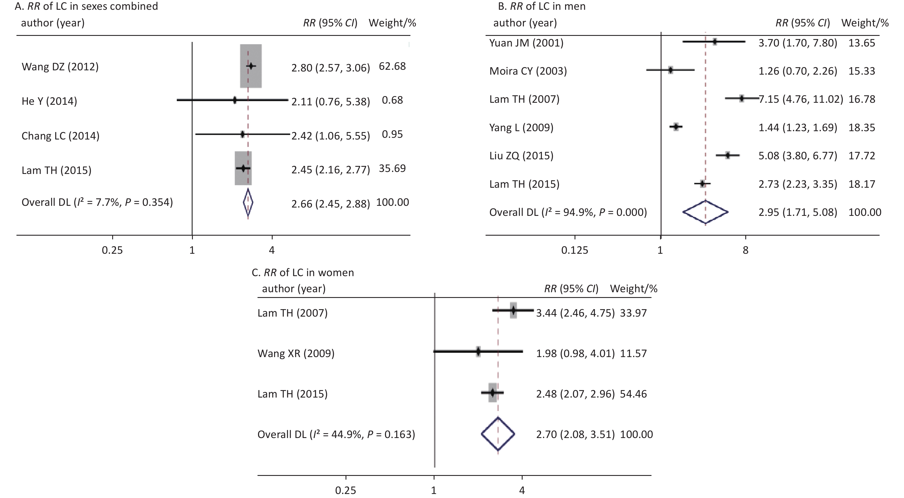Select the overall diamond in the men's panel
[x=705, y=212]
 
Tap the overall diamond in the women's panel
[x=498, y=434]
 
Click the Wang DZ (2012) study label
[x=60, y=67]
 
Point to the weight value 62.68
[x=392, y=66]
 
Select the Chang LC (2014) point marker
[x=243, y=134]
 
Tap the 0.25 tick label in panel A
[x=112, y=250]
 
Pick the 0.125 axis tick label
[x=575, y=250]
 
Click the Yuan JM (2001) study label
[x=526, y=43]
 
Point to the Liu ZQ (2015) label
[x=521, y=156]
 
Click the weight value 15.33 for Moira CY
[x=862, y=71]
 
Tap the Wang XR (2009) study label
[x=296, y=353]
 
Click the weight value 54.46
[x=633, y=394]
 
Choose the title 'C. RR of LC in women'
[x=303, y=272]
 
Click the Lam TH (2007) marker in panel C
[x=513, y=310]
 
